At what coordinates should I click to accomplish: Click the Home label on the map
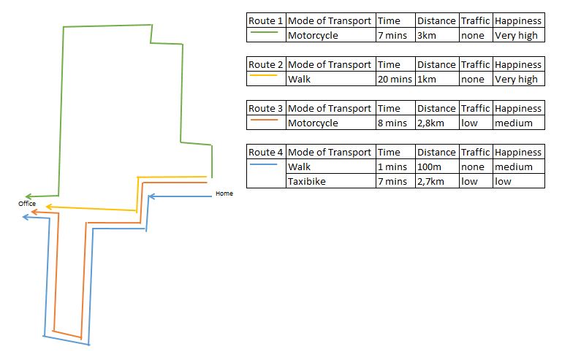point(224,194)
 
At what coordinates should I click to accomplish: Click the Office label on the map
point(27,204)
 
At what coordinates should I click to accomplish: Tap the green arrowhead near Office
point(29,196)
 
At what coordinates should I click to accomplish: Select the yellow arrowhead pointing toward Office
point(49,207)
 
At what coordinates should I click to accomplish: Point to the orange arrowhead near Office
point(34,212)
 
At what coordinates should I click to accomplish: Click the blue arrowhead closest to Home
point(151,196)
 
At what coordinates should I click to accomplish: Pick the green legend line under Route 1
point(264,32)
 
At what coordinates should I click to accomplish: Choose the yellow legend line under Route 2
point(264,75)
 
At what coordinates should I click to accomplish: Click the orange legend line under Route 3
point(264,120)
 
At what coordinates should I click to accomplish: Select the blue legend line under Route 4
point(264,164)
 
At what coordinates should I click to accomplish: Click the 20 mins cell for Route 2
point(395,79)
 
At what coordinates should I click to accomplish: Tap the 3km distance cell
point(437,35)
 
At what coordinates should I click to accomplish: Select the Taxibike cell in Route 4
point(331,181)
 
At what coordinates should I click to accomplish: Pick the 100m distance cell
point(437,166)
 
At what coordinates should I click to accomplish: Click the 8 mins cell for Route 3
point(395,123)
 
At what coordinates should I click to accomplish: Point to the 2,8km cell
point(437,123)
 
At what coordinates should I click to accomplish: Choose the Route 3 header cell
point(266,108)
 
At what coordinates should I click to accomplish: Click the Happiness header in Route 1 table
point(519,20)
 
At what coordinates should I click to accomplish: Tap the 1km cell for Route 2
point(437,79)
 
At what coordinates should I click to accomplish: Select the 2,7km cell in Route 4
point(437,181)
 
